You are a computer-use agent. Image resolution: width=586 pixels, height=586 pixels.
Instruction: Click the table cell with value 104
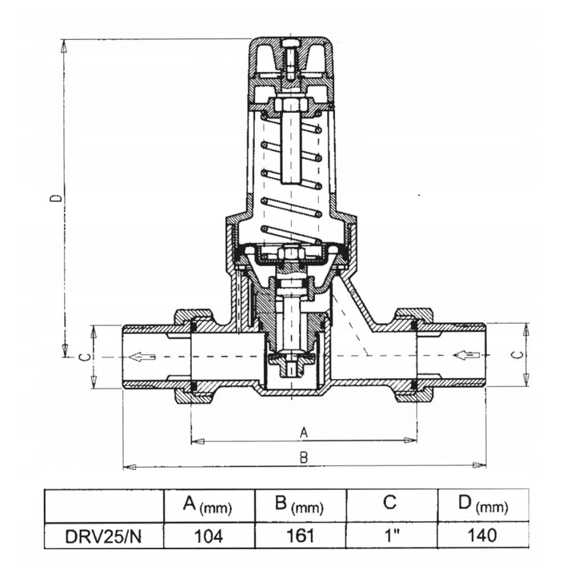209,536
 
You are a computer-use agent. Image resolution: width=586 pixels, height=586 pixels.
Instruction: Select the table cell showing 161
301,536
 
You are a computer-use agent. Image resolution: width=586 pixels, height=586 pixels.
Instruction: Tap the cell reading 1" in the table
392,536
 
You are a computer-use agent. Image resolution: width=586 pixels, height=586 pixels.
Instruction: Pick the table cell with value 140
483,536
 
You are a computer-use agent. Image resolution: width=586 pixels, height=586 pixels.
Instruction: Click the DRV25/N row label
104,536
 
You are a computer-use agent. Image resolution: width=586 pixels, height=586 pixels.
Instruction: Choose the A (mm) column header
209,505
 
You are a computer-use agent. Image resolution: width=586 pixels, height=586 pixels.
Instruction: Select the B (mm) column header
301,505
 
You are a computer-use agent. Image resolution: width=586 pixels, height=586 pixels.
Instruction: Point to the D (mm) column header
483,505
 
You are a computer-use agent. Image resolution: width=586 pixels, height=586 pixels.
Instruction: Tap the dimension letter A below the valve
304,433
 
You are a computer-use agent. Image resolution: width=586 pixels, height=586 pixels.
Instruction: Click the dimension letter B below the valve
304,457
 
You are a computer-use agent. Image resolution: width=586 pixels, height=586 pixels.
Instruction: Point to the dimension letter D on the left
56,197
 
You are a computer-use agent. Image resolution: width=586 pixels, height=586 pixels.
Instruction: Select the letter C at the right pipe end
518,355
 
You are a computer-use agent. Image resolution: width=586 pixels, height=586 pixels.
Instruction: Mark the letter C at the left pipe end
86,357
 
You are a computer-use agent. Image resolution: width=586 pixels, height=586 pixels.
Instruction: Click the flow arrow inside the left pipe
142,357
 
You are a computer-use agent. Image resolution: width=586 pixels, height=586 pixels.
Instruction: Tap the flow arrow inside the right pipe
466,355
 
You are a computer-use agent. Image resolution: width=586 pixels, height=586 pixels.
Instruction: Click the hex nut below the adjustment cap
291,104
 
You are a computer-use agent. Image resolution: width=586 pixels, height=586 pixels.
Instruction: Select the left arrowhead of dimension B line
130,467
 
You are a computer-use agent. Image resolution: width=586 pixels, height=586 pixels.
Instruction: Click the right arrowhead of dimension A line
410,440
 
